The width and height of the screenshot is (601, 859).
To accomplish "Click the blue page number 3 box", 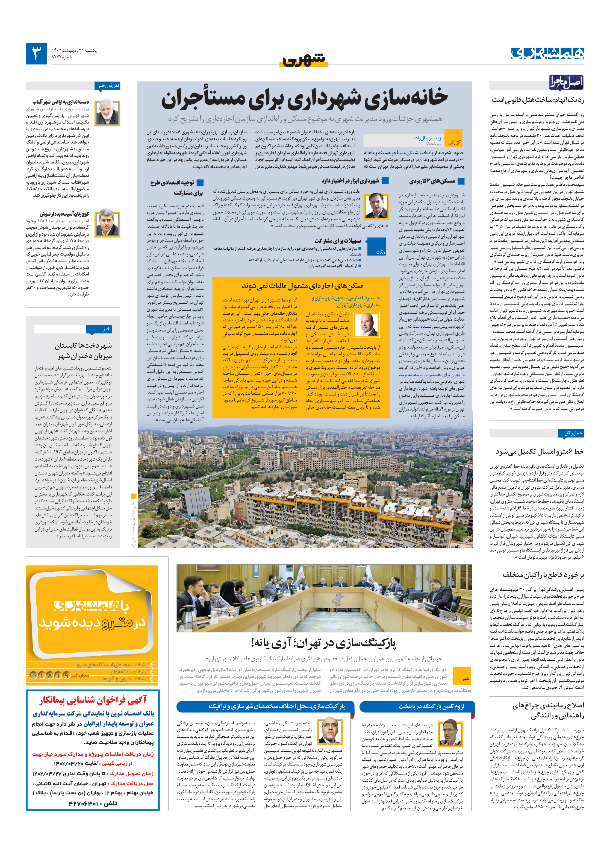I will (x=36, y=54).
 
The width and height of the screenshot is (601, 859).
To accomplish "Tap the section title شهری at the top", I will (x=304, y=60).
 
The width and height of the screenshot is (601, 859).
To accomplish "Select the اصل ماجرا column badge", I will (x=565, y=82).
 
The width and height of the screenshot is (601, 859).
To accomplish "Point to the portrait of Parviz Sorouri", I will (x=107, y=113).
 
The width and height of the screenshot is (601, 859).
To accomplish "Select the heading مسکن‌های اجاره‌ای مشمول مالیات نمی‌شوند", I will (x=302, y=286).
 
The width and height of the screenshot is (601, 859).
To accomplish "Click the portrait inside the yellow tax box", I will (x=366, y=325).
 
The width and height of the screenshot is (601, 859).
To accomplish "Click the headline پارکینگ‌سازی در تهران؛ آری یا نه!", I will (x=324, y=644).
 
